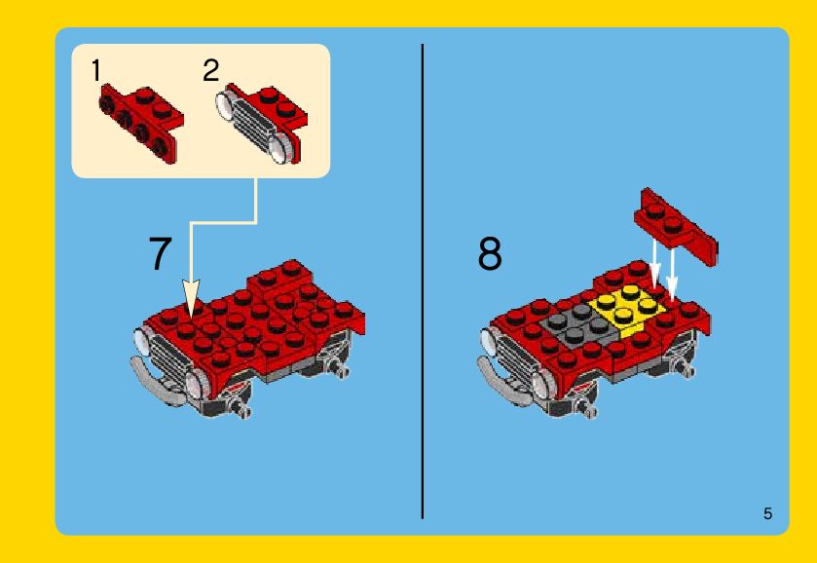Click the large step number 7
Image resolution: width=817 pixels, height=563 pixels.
(x=160, y=253)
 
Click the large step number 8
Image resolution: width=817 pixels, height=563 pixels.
(x=490, y=254)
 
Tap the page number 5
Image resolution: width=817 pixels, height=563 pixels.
(x=767, y=513)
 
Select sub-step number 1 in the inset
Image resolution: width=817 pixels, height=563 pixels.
(x=95, y=70)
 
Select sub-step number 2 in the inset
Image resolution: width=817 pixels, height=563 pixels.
(x=211, y=70)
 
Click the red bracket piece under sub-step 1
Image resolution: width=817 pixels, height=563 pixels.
(x=140, y=124)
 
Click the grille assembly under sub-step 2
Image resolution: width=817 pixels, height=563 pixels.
(x=261, y=123)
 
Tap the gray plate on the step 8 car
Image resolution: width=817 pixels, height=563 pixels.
(x=578, y=324)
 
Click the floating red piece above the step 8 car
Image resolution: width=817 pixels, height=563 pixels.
(x=676, y=226)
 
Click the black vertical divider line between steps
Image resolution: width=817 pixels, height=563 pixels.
(x=423, y=281)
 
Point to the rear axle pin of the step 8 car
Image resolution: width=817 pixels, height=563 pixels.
(x=687, y=368)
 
